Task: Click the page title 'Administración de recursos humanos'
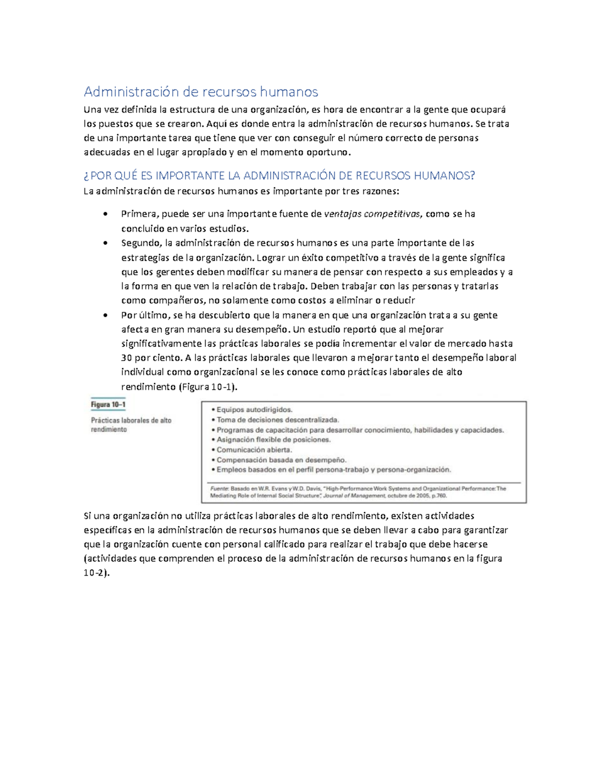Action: coord(200,92)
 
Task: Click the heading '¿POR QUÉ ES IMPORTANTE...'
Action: coord(279,176)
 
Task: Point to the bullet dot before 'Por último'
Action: coord(105,315)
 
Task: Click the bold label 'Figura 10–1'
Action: coord(108,405)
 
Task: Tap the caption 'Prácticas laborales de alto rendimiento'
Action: coord(131,425)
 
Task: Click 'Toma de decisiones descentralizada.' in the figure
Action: coord(278,420)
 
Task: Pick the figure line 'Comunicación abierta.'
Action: coord(254,450)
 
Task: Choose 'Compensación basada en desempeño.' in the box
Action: coord(281,460)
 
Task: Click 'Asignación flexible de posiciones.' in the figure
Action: coord(273,440)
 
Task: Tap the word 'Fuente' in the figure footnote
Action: coord(218,488)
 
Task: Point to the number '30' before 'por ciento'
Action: coord(127,358)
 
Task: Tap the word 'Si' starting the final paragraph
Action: coord(87,516)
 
